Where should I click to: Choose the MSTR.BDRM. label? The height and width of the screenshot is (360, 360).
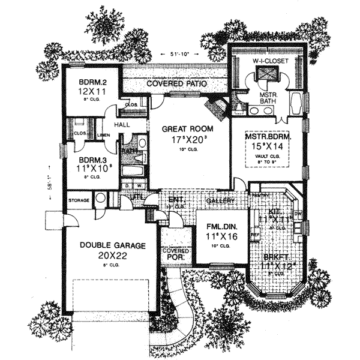(268, 137)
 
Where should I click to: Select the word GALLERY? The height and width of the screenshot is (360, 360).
(219, 200)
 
